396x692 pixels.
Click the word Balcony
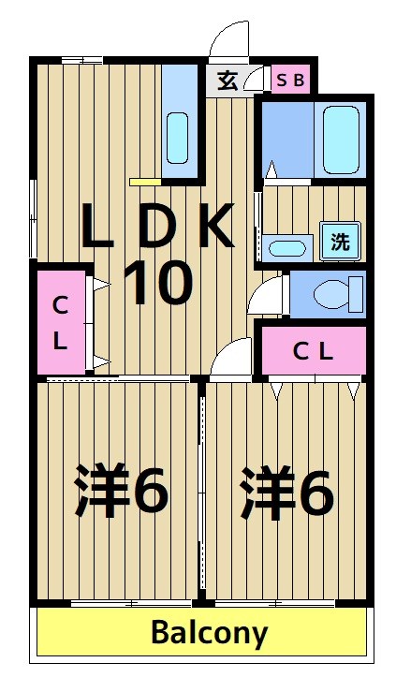[209, 633]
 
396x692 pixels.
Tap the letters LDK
[156, 227]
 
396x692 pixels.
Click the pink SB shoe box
[289, 80]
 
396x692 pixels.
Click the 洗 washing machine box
[340, 242]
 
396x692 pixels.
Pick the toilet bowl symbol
[331, 294]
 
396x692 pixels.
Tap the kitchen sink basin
[177, 139]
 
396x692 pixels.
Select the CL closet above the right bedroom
[313, 351]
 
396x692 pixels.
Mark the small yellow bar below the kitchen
[144, 181]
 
